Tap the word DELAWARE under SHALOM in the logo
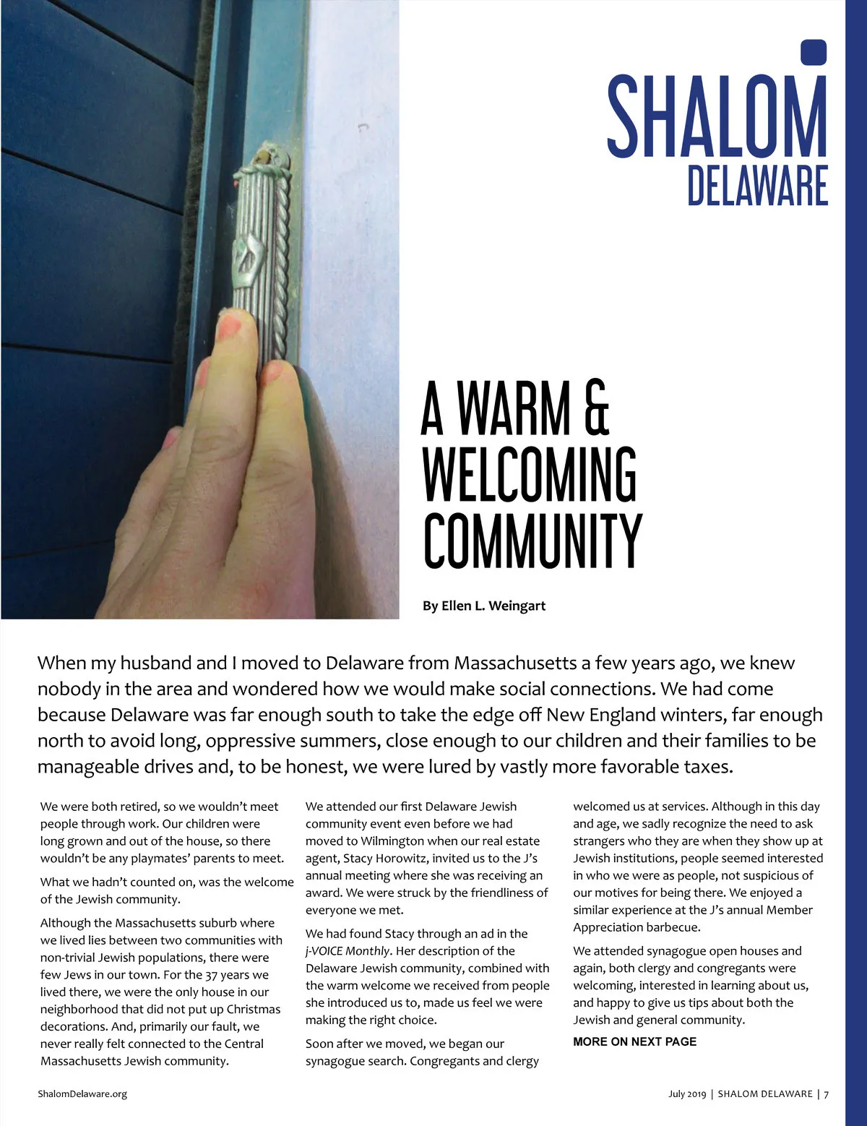click(x=757, y=186)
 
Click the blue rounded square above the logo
click(x=814, y=53)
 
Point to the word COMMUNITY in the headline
click(x=532, y=541)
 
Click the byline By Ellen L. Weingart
click(x=484, y=606)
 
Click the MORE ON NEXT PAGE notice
click(x=634, y=1041)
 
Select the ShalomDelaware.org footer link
click(x=82, y=1093)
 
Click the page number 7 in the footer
click(x=827, y=1093)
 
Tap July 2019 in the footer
click(x=686, y=1093)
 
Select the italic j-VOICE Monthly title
click(x=348, y=950)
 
